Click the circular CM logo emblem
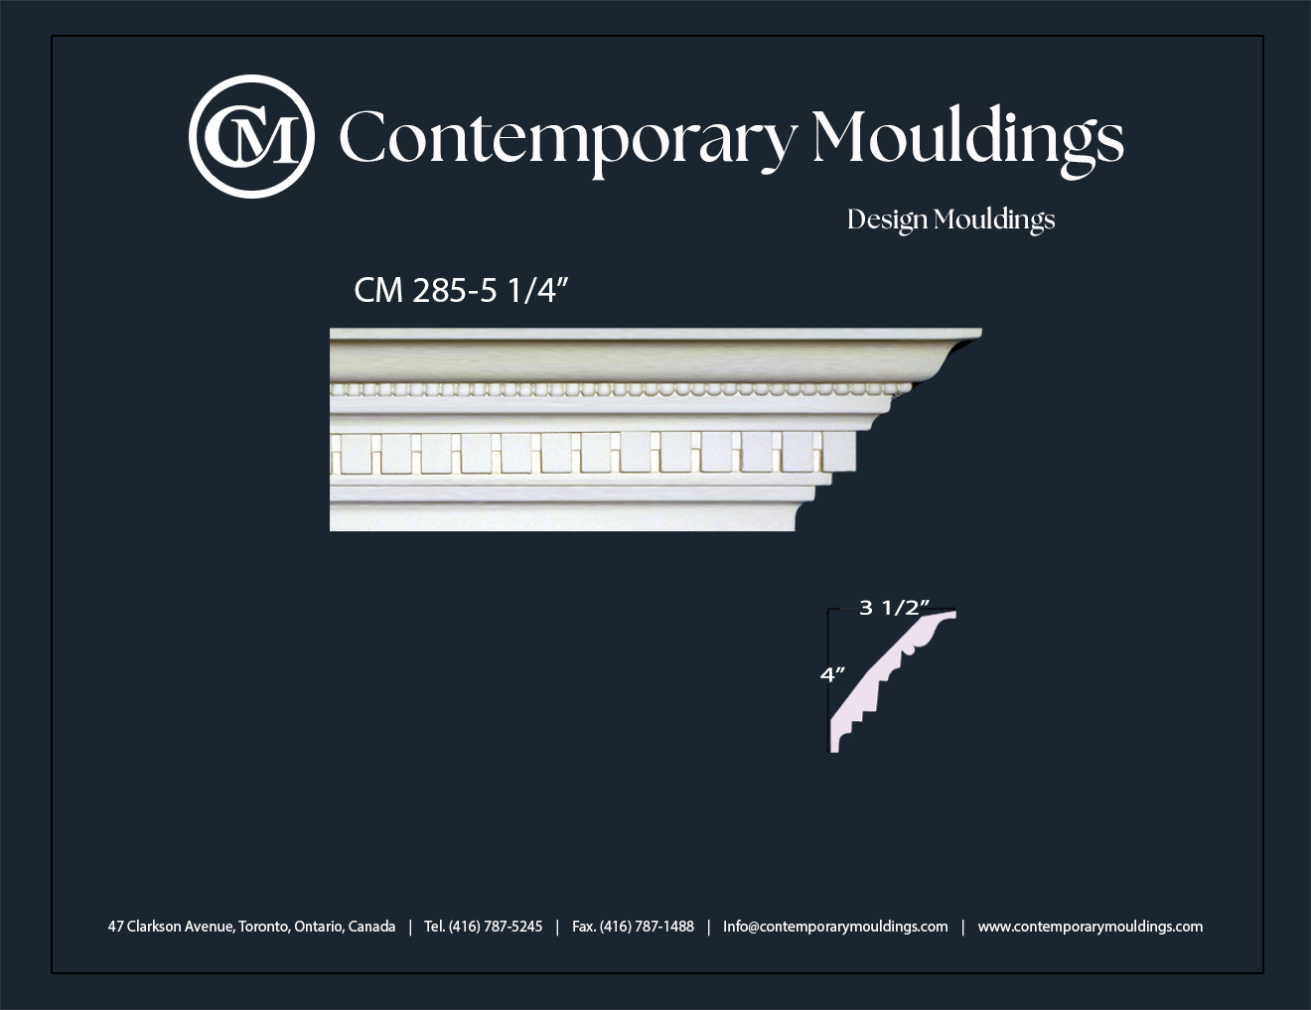[x=251, y=136]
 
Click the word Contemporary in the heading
[x=568, y=141]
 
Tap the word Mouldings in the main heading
[x=968, y=140]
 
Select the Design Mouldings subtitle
[x=950, y=220]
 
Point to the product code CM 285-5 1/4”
[x=462, y=291]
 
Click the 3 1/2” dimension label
[x=894, y=608]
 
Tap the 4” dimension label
[x=832, y=674]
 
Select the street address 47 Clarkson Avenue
[x=172, y=927]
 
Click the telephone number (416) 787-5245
[x=496, y=927]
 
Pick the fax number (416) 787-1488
[x=647, y=927]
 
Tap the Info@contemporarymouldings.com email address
[x=835, y=927]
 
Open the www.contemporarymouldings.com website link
[x=1091, y=927]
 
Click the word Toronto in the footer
[x=264, y=927]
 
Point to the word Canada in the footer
[x=371, y=927]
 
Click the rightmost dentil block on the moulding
[x=838, y=451]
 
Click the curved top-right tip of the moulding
[x=976, y=333]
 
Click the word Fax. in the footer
[x=583, y=927]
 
